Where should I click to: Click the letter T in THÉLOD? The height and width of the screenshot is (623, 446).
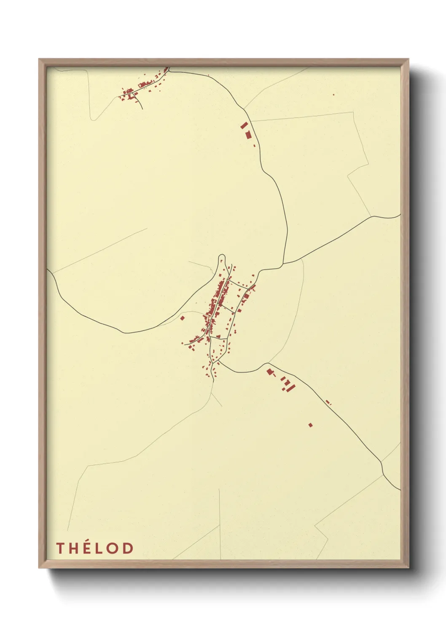tap(60, 548)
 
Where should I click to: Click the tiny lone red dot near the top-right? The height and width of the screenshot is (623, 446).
tap(333, 95)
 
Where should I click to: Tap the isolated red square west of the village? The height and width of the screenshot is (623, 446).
tap(183, 318)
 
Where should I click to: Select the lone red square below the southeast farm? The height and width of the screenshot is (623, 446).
tap(311, 425)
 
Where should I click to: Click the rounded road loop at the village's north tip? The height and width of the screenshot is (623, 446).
tap(222, 257)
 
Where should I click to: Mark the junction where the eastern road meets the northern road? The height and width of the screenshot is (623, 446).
tap(283, 265)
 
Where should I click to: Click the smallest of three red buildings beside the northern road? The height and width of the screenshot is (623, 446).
tap(254, 145)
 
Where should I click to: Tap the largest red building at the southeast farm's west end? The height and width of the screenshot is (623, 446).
tap(270, 372)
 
